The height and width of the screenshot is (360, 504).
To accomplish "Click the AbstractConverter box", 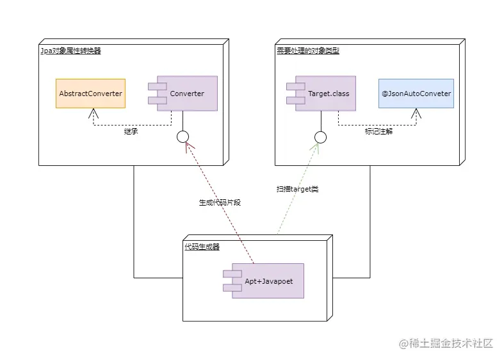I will click(x=90, y=94).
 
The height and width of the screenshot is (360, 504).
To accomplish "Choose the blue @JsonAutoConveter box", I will click(x=416, y=94).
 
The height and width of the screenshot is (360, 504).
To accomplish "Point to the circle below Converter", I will click(x=183, y=136).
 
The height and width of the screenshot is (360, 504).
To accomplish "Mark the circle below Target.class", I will click(x=321, y=136).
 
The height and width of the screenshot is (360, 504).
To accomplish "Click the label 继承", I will click(x=131, y=132).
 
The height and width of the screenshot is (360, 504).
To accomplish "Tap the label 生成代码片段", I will click(x=220, y=202).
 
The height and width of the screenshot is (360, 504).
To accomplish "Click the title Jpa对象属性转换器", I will click(x=70, y=51).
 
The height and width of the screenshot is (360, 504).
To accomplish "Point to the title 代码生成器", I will click(x=202, y=247).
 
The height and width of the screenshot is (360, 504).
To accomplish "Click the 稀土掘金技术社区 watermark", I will click(x=446, y=343).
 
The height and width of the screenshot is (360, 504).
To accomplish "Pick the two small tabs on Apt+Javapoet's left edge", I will click(x=228, y=281).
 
